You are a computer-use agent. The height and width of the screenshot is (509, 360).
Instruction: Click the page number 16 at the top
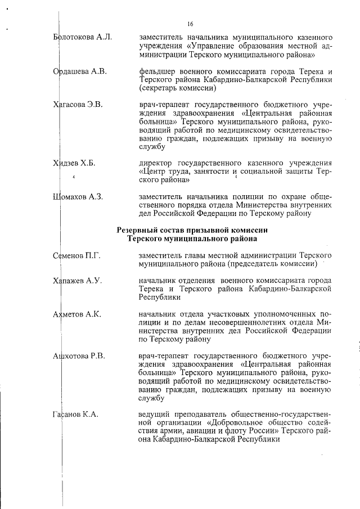190,23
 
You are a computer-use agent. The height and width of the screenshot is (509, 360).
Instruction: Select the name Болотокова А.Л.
82,38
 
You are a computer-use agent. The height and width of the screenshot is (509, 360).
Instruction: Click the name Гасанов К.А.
75,414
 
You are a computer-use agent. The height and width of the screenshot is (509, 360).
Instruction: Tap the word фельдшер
157,71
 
